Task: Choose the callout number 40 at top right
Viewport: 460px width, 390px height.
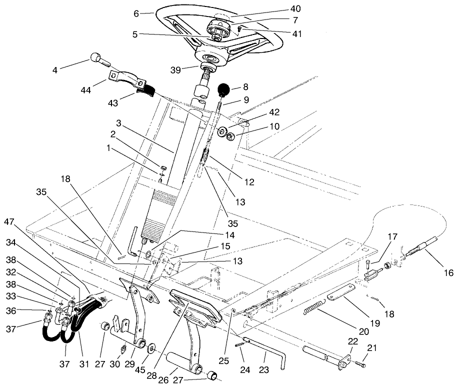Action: pyautogui.click(x=295, y=8)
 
